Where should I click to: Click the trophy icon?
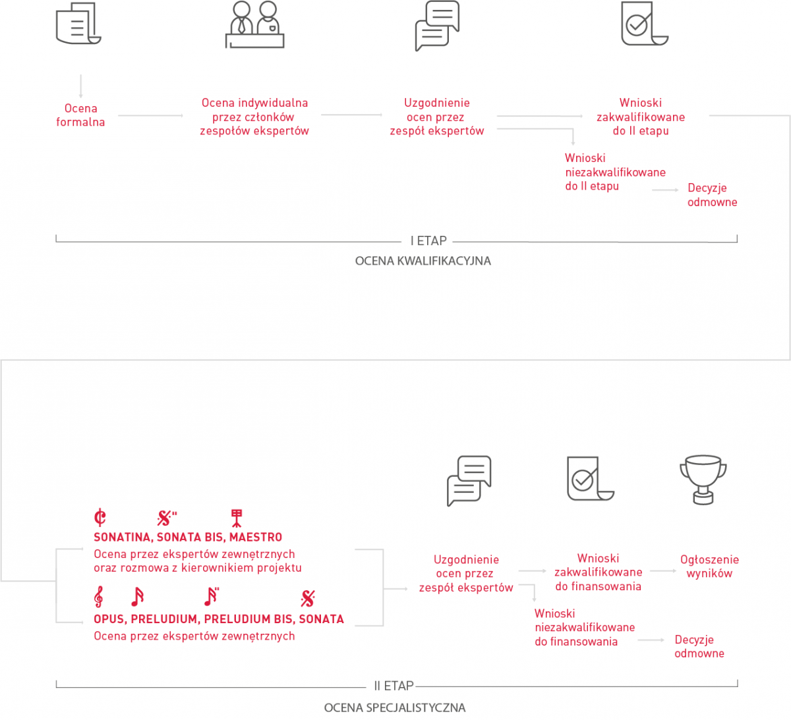703,480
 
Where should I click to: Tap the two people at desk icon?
254,24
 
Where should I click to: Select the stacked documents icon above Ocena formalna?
78,23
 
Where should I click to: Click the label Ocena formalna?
80,115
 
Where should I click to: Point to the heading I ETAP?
428,240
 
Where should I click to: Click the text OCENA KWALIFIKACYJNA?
423,261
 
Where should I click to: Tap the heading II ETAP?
394,686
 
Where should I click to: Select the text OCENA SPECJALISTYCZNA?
395,707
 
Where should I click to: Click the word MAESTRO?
256,537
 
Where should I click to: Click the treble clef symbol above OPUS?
99,597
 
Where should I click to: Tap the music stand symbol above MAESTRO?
237,518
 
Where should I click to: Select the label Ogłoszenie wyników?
709,567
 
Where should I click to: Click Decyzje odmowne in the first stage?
712,195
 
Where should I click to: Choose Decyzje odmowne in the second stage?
699,646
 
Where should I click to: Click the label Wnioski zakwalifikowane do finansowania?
598,572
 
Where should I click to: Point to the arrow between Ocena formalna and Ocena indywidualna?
151,115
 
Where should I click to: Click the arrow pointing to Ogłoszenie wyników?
663,570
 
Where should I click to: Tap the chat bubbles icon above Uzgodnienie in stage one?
437,26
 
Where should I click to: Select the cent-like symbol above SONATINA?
100,517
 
